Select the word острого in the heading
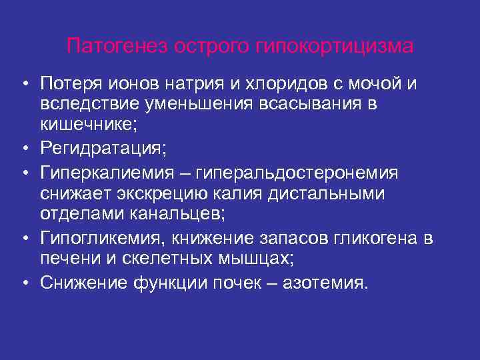pyautogui.click(x=213, y=47)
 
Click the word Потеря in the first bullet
pyautogui.click(x=69, y=83)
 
